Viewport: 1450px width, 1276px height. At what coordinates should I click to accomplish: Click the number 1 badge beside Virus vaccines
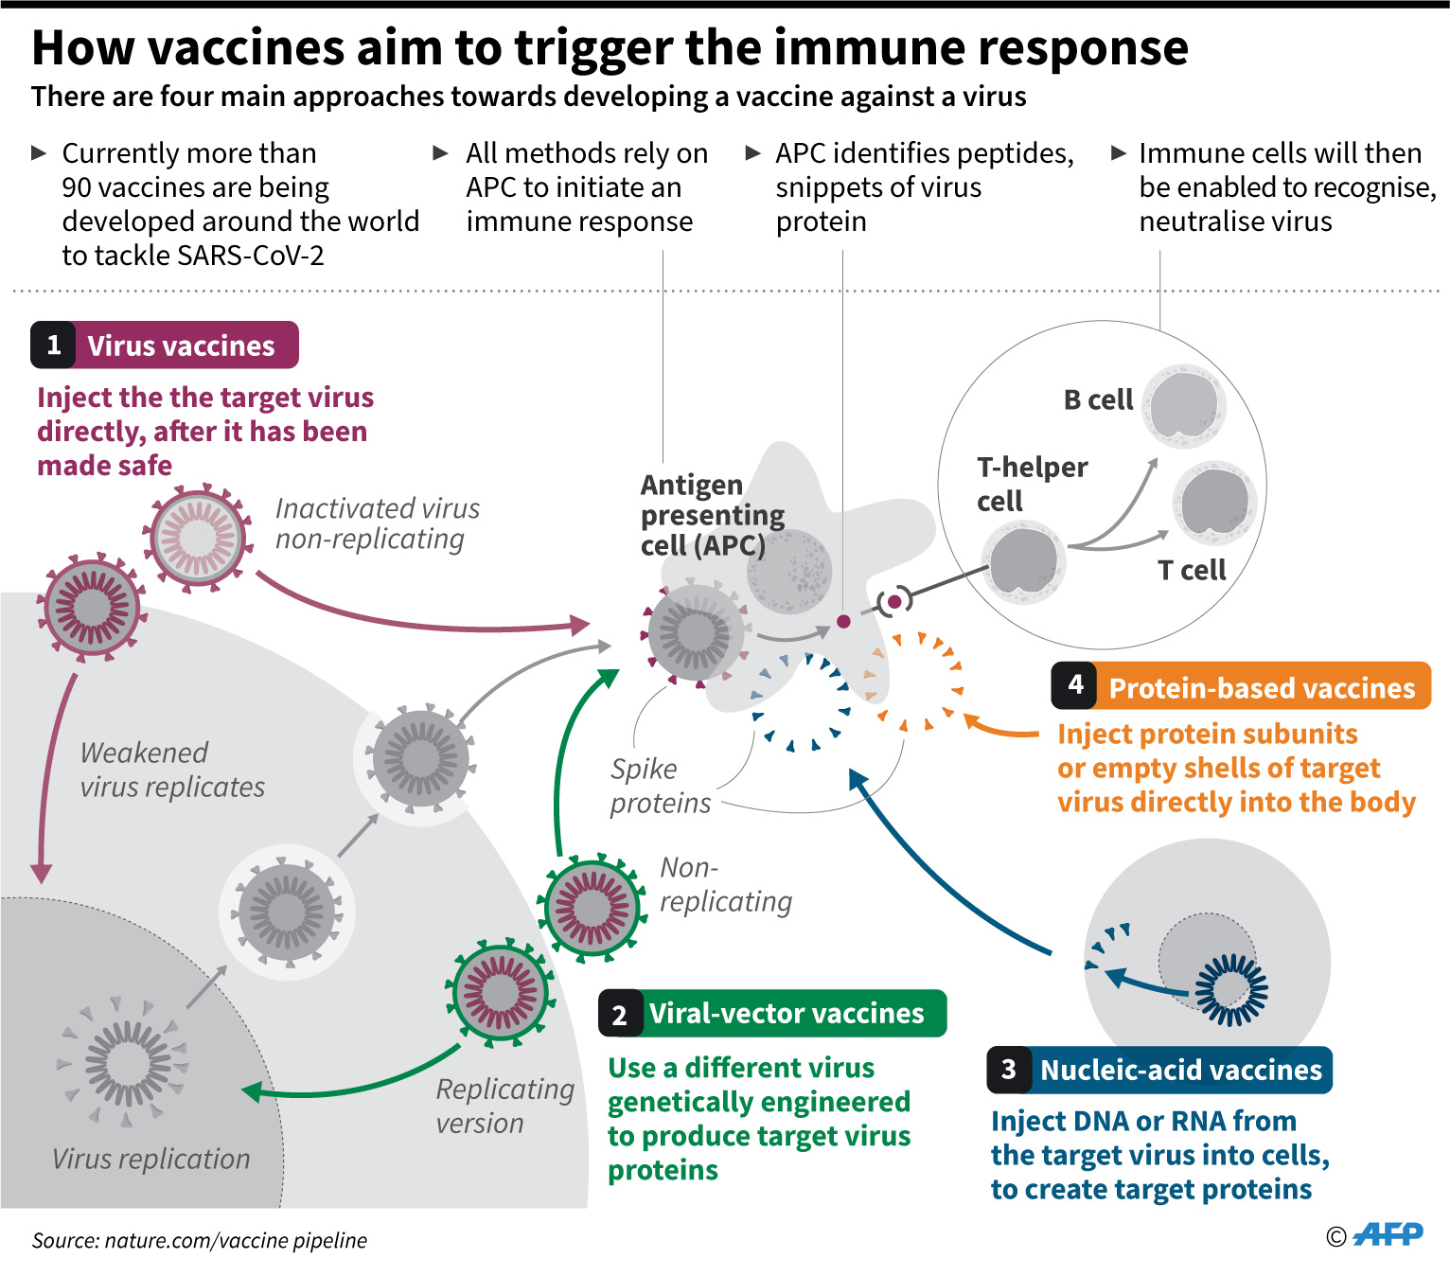[x=53, y=345]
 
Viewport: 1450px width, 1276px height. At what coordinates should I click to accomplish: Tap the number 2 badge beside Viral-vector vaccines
[x=620, y=1014]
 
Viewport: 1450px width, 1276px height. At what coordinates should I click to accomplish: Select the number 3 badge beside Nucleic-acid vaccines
[x=1008, y=1070]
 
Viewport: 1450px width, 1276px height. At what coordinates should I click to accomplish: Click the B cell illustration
[x=1184, y=406]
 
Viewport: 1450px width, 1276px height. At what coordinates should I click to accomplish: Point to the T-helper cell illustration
[x=1023, y=561]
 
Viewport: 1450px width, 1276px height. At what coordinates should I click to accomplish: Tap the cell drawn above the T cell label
[x=1214, y=503]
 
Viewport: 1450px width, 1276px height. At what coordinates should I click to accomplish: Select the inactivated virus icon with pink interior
[x=198, y=538]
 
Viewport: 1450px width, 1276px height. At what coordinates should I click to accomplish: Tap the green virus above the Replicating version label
[x=501, y=993]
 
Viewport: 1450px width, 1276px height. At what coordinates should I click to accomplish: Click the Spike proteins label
[x=660, y=786]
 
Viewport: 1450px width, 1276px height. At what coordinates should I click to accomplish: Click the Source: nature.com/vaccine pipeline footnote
[x=199, y=1240]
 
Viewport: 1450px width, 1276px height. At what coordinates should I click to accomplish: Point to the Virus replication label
[x=151, y=1159]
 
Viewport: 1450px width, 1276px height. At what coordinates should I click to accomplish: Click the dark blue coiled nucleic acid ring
[x=1231, y=990]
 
